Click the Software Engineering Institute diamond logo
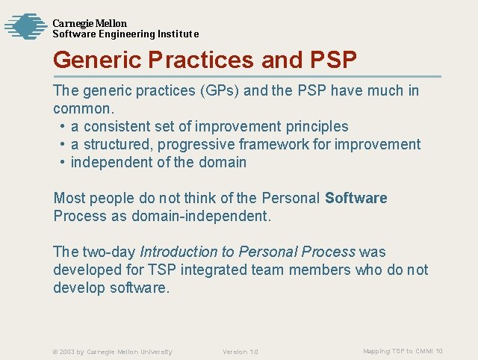click(25, 26)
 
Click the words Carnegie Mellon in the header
click(89, 23)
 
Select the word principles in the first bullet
click(314, 127)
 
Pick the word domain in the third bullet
click(223, 163)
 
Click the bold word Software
click(356, 199)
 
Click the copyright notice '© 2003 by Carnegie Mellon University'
click(112, 352)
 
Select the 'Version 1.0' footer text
click(240, 352)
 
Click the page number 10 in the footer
click(439, 351)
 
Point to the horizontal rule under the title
click(246, 76)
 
